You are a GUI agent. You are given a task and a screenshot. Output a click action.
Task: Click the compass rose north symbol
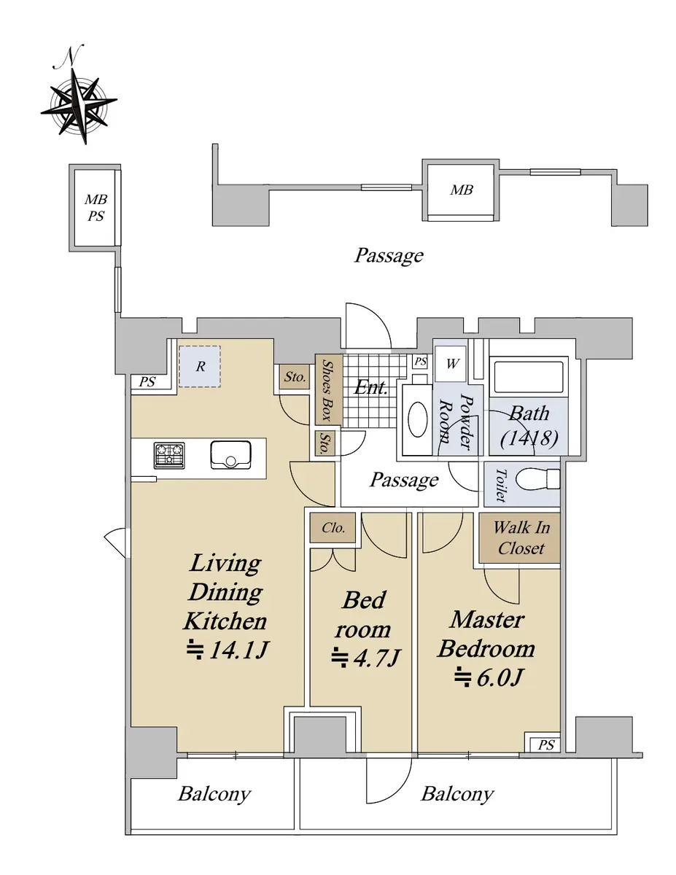coord(79,101)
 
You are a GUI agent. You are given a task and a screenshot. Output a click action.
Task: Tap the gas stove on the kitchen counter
coord(169,456)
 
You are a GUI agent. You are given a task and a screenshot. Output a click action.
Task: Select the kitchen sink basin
coord(230,455)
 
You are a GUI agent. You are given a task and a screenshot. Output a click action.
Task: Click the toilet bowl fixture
coord(537,478)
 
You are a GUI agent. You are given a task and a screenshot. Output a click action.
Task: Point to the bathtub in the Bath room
coord(528,376)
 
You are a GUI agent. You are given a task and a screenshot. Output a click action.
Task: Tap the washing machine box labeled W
coord(451,364)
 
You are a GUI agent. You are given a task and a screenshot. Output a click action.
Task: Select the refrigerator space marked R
coord(200,367)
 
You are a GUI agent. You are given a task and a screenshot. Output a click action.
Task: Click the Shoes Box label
coord(328,390)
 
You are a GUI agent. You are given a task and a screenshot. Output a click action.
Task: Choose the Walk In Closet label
coord(521,537)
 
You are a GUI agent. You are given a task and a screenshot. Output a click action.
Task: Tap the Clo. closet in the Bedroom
coord(333,527)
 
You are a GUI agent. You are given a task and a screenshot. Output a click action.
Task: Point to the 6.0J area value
coord(488,677)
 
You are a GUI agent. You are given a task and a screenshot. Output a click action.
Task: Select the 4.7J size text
coord(365,657)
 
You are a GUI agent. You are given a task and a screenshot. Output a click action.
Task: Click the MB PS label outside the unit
coord(96,208)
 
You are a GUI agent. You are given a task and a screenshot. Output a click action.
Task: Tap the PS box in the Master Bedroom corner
coord(545,745)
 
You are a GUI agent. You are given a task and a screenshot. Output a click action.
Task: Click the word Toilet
coord(500,485)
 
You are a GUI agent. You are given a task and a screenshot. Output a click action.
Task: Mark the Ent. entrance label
coord(370,387)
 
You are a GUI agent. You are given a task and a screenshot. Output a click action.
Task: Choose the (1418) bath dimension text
coord(529,438)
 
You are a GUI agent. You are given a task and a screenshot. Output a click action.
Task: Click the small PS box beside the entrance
coord(421,361)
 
